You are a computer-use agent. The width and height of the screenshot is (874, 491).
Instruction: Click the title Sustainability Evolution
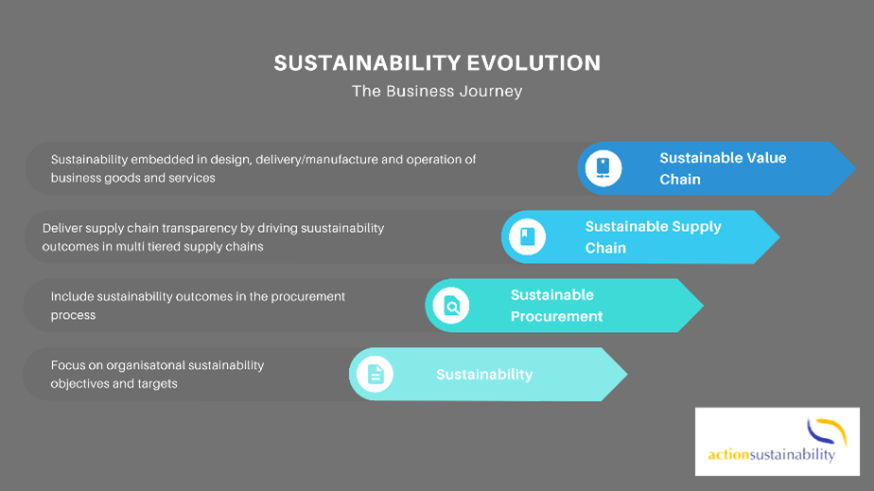point(437,63)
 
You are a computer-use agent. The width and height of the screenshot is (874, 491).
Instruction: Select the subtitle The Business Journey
point(437,92)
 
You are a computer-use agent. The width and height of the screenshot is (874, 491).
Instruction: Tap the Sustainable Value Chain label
point(723,168)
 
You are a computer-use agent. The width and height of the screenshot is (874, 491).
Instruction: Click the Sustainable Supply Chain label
point(653,237)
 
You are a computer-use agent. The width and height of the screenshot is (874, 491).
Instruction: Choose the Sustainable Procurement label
point(556,306)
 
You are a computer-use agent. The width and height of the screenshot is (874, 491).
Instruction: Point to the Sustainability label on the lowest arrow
point(484,375)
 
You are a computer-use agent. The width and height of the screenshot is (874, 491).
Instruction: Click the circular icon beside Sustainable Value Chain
point(603,168)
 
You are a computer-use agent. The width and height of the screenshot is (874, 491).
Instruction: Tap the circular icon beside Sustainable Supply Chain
point(527,237)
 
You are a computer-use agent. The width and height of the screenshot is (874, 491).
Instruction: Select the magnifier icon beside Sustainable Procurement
point(451,306)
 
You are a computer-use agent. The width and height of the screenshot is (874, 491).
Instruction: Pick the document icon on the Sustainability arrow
point(375,375)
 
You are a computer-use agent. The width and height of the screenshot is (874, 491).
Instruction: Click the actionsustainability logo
point(777,442)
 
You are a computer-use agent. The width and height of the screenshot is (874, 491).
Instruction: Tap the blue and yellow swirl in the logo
point(826,430)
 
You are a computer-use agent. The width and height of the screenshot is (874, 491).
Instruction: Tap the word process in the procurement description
point(74,315)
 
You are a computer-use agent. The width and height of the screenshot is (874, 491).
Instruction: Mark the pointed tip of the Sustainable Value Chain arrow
point(854,168)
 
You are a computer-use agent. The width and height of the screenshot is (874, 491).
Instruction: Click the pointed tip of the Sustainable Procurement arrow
point(702,306)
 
